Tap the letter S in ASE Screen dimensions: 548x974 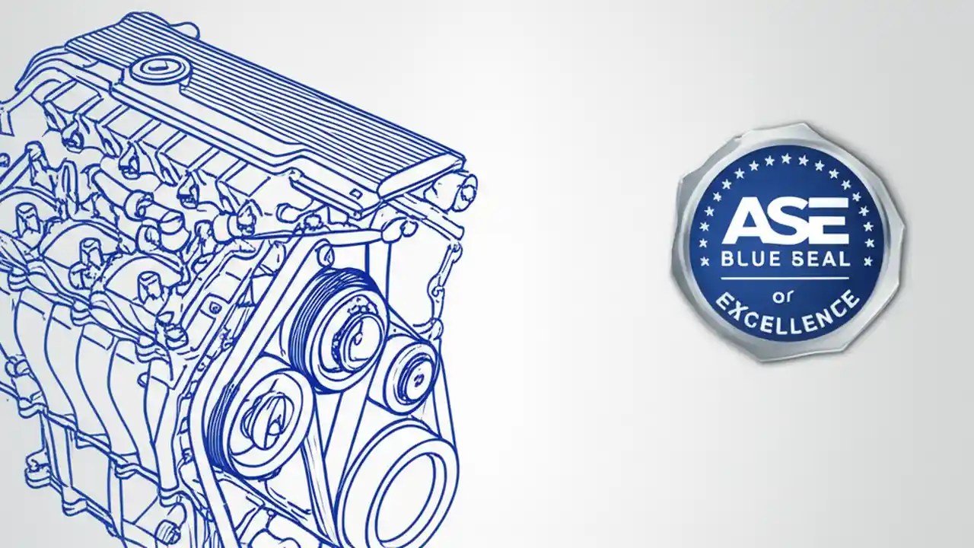786,221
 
